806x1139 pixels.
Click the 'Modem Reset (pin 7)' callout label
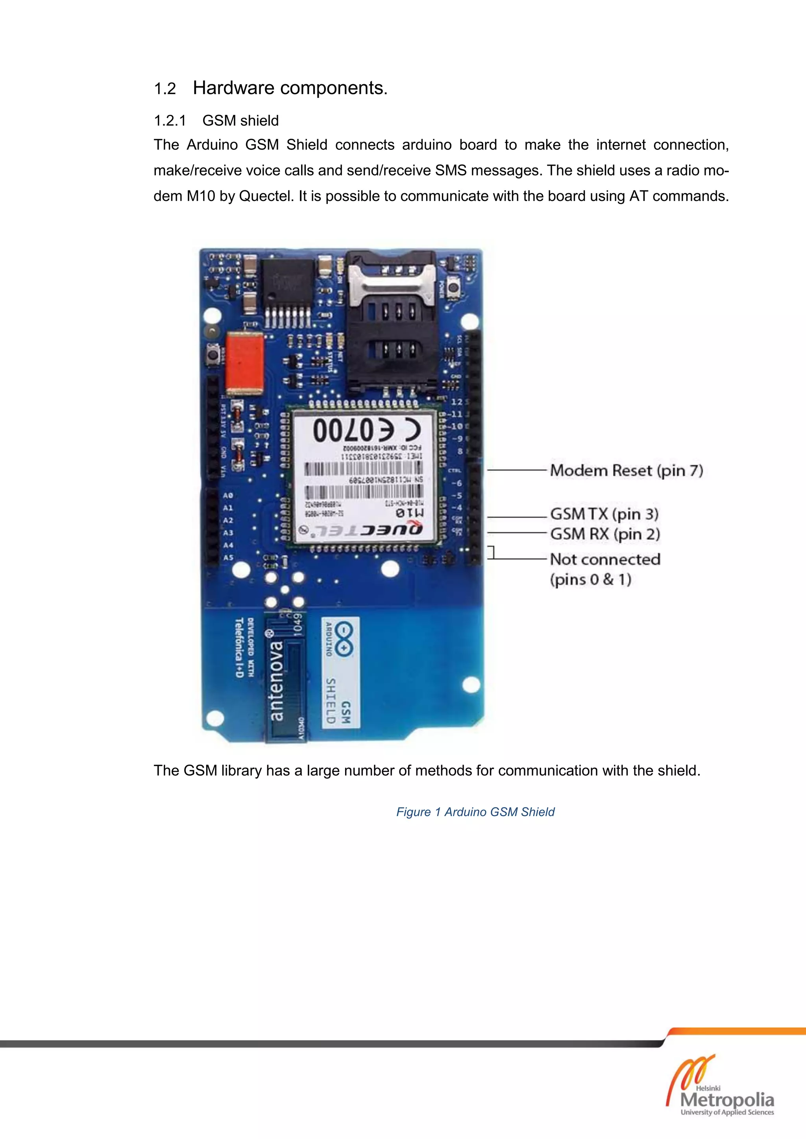[x=626, y=470]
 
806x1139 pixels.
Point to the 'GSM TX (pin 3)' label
[x=604, y=514]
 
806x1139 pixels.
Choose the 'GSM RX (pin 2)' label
[x=605, y=534]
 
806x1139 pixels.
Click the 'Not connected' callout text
[x=605, y=560]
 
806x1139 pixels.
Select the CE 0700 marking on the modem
[x=367, y=429]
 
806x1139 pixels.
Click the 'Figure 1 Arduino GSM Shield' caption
[x=475, y=812]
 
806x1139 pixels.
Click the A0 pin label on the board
[x=228, y=496]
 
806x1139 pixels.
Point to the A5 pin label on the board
[x=228, y=558]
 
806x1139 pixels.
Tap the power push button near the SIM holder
[x=453, y=287]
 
